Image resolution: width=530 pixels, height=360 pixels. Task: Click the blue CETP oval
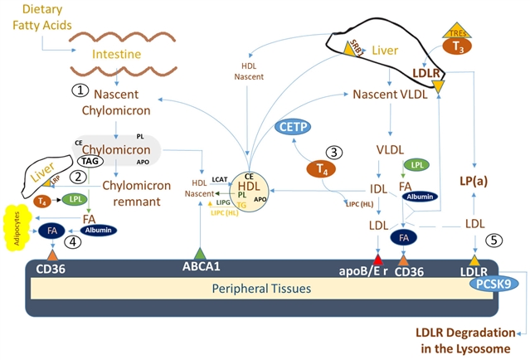point(294,127)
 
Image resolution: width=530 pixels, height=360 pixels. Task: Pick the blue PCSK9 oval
point(496,283)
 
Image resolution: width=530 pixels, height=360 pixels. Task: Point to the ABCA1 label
point(201,268)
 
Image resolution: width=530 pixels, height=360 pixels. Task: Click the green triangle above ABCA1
point(200,252)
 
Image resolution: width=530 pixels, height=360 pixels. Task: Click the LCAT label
point(220,178)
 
